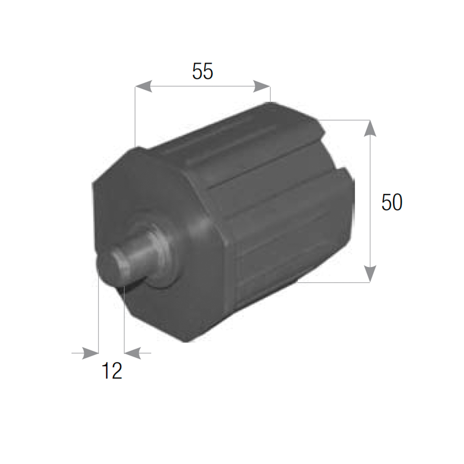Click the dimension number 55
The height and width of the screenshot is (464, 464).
coord(202,71)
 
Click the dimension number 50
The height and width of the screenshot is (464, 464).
coord(392,202)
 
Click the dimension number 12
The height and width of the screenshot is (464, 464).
coord(111,371)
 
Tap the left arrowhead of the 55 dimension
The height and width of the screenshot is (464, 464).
coord(143,86)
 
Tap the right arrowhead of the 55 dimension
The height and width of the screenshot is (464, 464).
coord(262,86)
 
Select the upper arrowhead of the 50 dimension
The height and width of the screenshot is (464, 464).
coord(370,128)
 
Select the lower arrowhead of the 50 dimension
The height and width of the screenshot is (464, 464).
coord(370,274)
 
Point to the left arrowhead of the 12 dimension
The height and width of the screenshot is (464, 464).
coord(90,353)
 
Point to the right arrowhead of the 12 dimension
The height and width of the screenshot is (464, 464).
coord(133,353)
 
